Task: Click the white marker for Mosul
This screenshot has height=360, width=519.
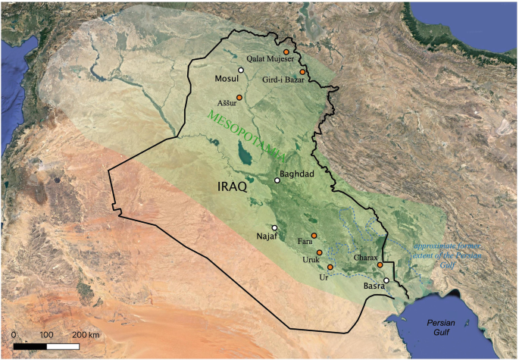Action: pyautogui.click(x=240, y=70)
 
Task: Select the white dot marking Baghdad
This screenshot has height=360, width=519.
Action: pyautogui.click(x=277, y=180)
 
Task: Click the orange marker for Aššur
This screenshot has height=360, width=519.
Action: pyautogui.click(x=239, y=97)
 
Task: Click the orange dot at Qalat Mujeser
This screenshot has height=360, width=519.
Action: pyautogui.click(x=286, y=52)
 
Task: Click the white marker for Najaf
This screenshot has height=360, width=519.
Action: pyautogui.click(x=275, y=227)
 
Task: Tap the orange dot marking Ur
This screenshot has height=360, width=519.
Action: pyautogui.click(x=330, y=268)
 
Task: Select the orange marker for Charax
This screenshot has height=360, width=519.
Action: pyautogui.click(x=380, y=265)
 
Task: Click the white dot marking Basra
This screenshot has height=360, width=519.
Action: pyautogui.click(x=386, y=280)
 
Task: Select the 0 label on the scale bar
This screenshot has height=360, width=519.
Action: pyautogui.click(x=14, y=334)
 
